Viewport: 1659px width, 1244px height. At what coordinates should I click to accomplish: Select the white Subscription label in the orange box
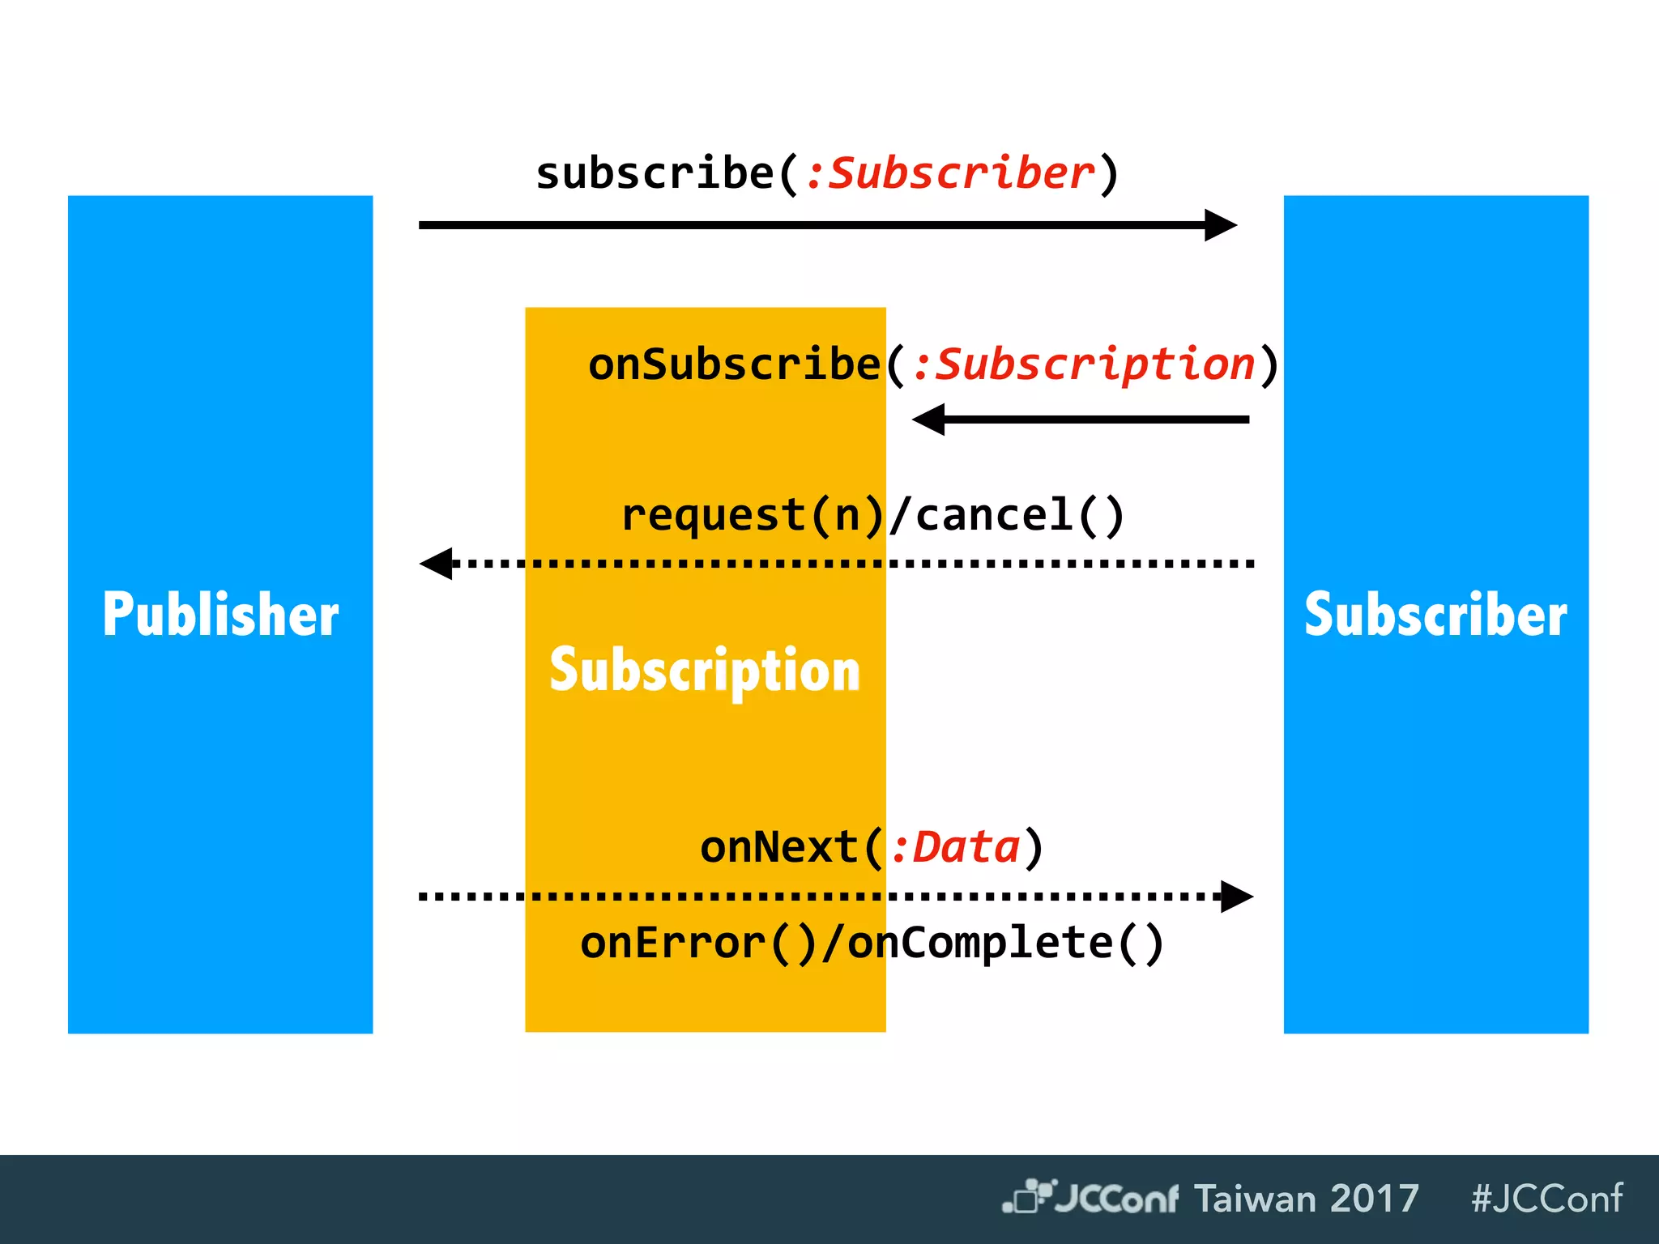click(x=705, y=671)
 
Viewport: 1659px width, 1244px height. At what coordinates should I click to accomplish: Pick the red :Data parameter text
click(x=956, y=847)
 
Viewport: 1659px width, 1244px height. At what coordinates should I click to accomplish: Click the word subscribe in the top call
click(x=655, y=173)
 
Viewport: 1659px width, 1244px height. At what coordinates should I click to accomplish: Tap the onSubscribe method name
click(x=734, y=364)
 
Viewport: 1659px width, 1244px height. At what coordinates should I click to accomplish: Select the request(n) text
click(x=752, y=516)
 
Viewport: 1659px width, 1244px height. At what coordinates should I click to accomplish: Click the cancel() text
click(x=1019, y=516)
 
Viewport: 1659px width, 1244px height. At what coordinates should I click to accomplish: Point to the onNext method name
click(x=779, y=847)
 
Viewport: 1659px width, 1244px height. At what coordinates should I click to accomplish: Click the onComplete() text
click(x=1004, y=943)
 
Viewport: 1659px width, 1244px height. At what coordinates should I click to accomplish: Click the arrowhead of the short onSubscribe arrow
click(x=929, y=420)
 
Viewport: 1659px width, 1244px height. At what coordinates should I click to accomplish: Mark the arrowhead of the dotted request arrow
click(x=437, y=563)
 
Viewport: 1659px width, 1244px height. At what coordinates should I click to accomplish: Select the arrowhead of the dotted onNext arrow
click(x=1236, y=897)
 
